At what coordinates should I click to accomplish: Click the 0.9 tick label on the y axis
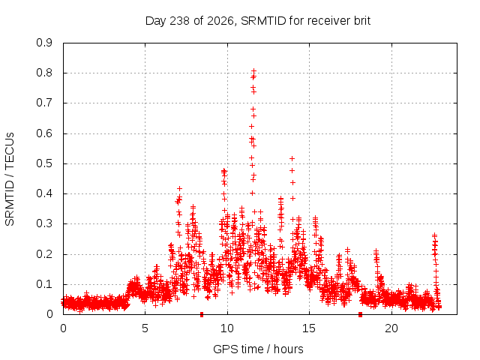(x=44, y=43)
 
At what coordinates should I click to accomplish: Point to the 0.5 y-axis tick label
(x=44, y=163)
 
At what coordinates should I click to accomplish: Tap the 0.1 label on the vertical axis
(x=44, y=284)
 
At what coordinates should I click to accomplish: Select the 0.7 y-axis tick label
(x=44, y=103)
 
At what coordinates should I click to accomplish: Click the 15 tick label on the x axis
(x=309, y=328)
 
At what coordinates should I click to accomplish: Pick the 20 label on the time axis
(x=391, y=328)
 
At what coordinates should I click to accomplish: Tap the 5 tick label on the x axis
(x=145, y=328)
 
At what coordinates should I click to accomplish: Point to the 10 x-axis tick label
(x=227, y=328)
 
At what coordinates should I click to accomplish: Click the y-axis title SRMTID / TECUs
(x=10, y=179)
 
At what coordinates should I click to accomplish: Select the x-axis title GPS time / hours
(x=258, y=349)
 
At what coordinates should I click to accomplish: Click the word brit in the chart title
(x=362, y=21)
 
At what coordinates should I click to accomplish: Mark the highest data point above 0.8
(x=253, y=71)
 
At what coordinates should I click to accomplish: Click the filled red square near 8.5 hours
(x=202, y=314)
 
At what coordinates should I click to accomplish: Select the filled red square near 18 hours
(x=360, y=314)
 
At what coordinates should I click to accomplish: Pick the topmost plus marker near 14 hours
(x=292, y=158)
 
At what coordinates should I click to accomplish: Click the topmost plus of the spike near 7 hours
(x=180, y=188)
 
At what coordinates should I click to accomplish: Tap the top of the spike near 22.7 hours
(x=434, y=235)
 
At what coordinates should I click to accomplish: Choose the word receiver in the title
(x=329, y=21)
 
